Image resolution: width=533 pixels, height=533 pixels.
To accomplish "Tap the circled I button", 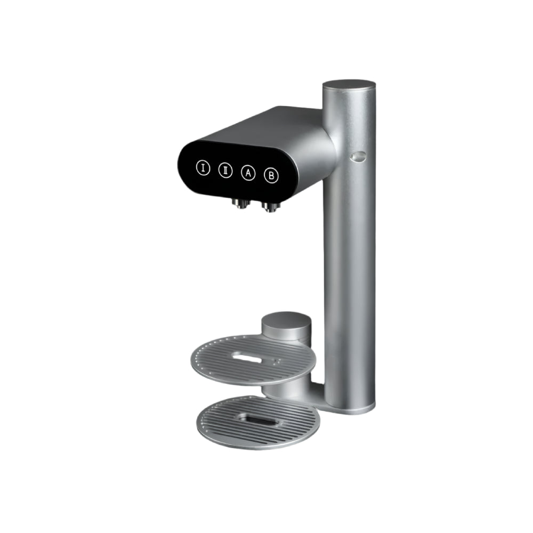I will point(203,168).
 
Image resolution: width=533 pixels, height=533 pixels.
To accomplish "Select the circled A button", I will point(247,173).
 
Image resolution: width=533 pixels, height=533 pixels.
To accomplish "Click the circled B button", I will point(271,175).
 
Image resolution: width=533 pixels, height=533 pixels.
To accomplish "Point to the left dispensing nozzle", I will point(239,203).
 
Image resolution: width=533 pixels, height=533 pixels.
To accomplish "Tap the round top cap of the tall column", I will point(349,85).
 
